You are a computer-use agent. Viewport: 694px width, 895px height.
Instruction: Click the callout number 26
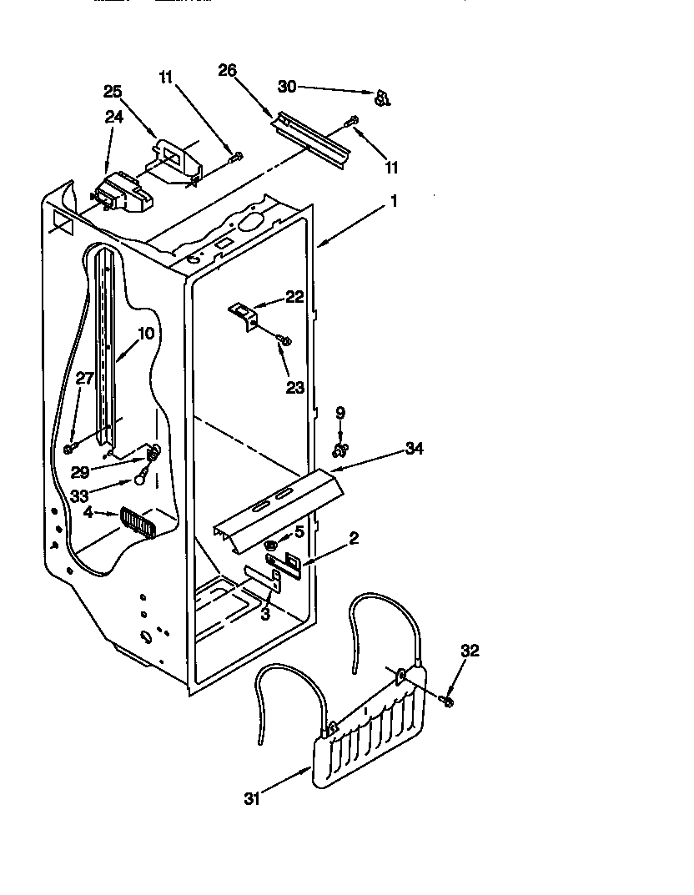pyautogui.click(x=228, y=71)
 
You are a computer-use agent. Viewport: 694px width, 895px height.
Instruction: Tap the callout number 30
pyautogui.click(x=287, y=86)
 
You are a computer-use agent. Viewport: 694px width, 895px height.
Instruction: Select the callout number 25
pyautogui.click(x=113, y=91)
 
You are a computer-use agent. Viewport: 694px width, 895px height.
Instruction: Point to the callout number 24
pyautogui.click(x=113, y=118)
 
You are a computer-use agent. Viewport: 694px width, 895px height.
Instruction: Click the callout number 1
pyautogui.click(x=394, y=201)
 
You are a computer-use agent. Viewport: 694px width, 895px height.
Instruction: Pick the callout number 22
pyautogui.click(x=294, y=297)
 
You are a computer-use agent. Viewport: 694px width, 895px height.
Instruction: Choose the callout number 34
pyautogui.click(x=414, y=449)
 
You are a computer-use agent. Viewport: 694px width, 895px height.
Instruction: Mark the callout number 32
pyautogui.click(x=470, y=651)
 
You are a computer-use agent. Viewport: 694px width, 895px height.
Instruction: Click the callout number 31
pyautogui.click(x=253, y=798)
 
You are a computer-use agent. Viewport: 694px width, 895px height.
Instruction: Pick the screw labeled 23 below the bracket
pyautogui.click(x=284, y=340)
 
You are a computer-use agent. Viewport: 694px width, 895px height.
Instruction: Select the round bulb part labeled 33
pyautogui.click(x=143, y=479)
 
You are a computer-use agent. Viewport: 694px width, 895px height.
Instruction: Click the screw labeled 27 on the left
pyautogui.click(x=68, y=449)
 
